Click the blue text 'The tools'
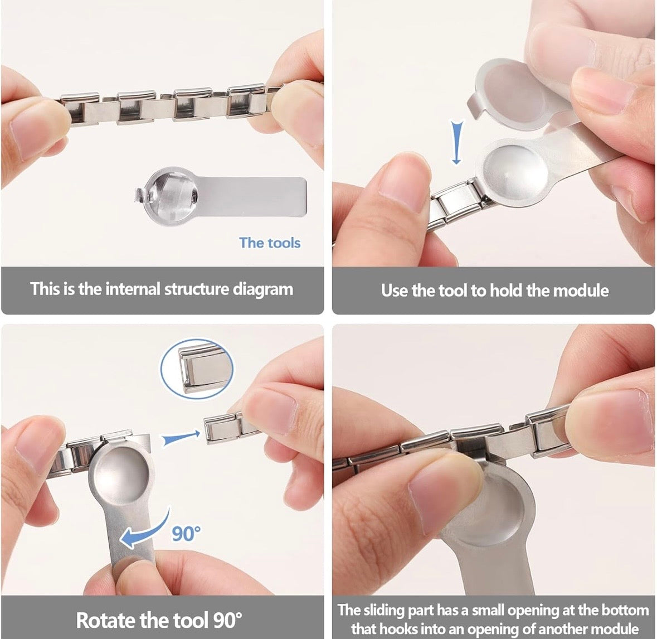[x=269, y=243]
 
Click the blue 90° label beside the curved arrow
[x=186, y=534]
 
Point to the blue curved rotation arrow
[x=145, y=530]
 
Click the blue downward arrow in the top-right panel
[x=457, y=142]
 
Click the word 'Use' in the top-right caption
[x=394, y=290]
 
